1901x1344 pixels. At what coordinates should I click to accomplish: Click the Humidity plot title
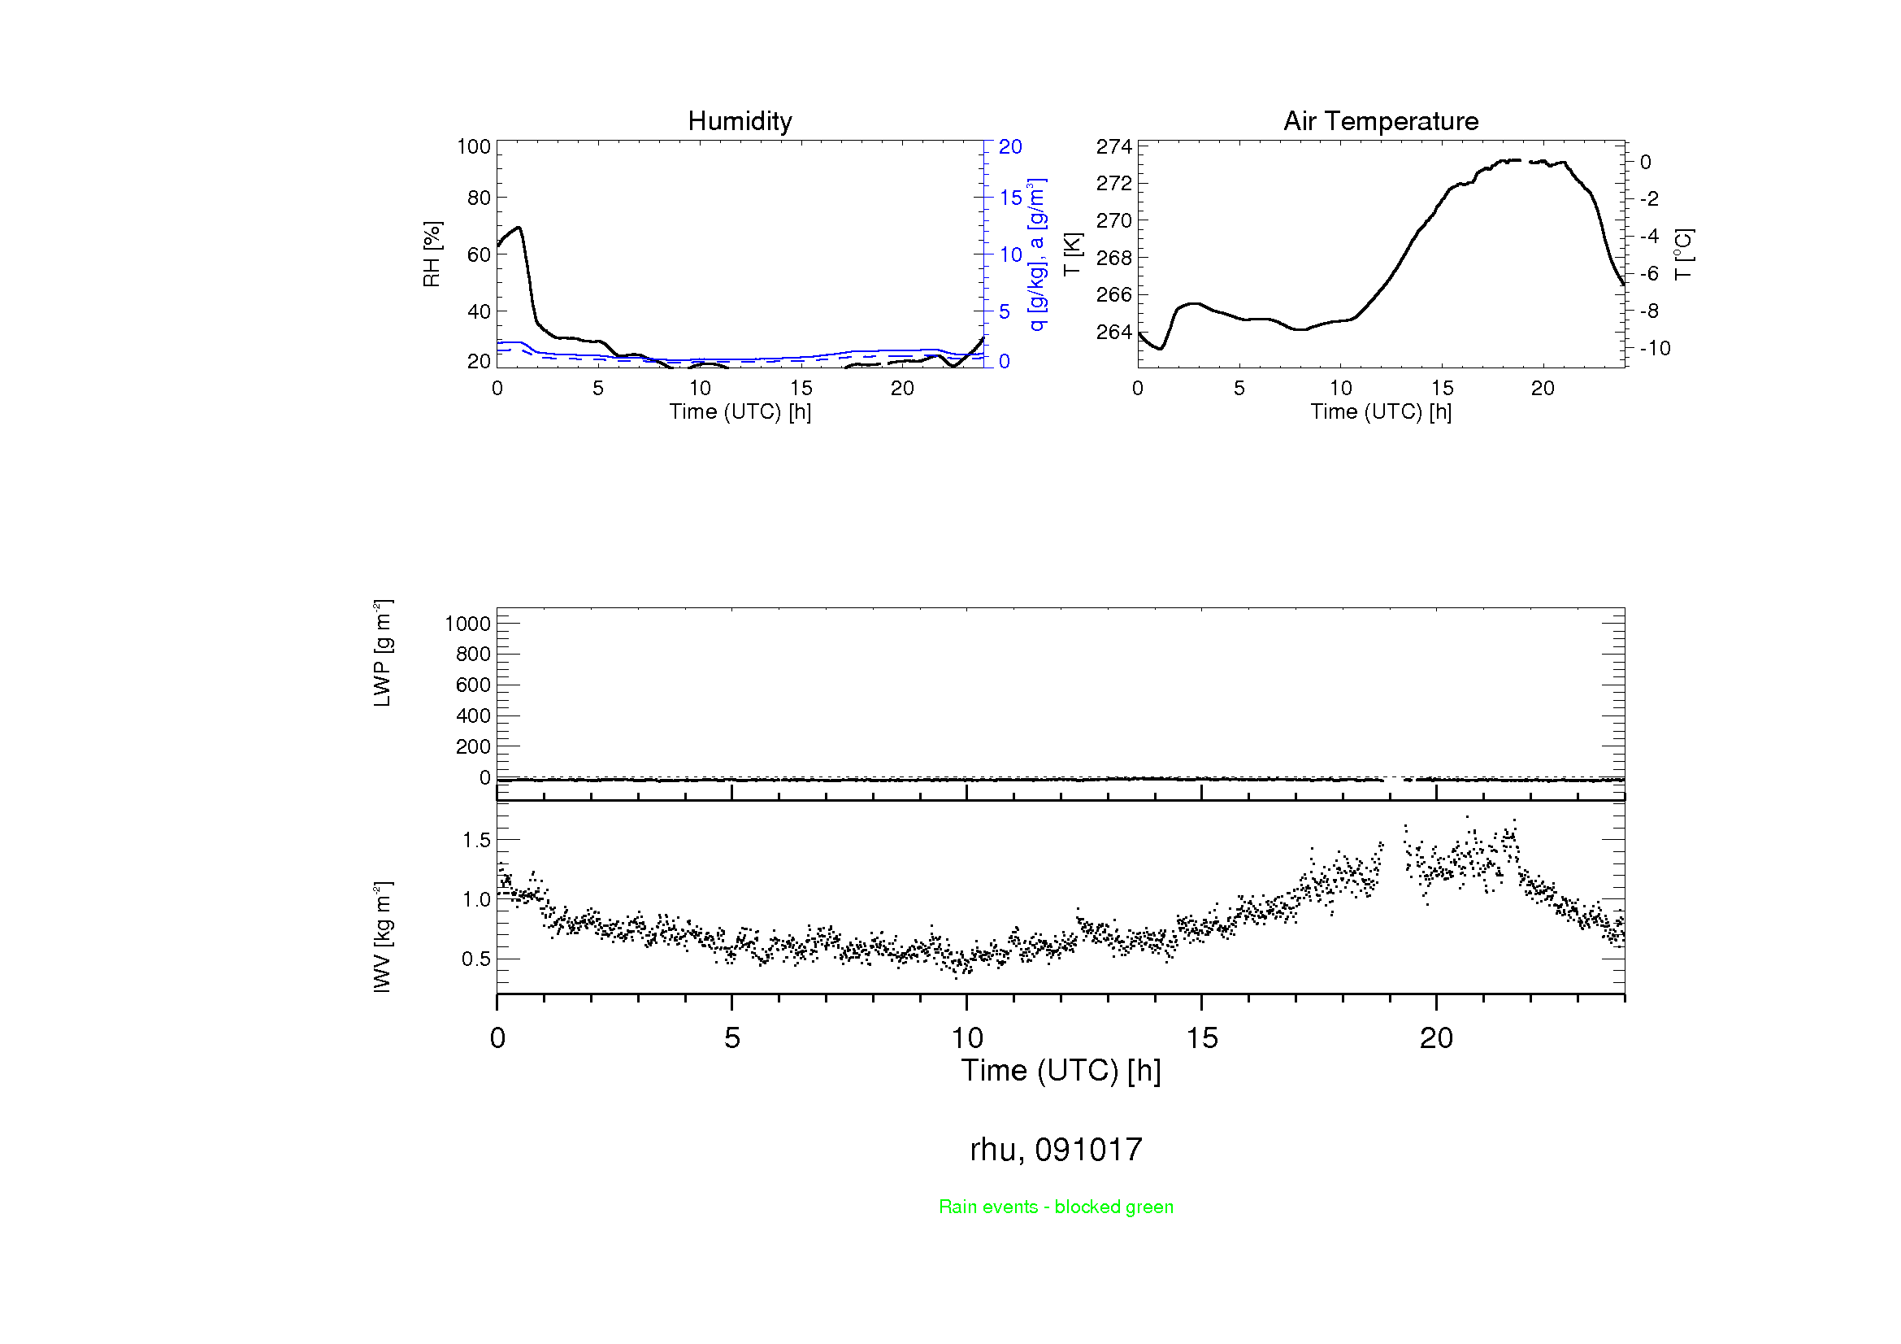[x=740, y=121]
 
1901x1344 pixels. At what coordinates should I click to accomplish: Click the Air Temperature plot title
[x=1380, y=121]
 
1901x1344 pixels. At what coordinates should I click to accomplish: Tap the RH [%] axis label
[x=432, y=254]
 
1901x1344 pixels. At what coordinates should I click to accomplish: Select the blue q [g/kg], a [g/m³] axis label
[x=1036, y=254]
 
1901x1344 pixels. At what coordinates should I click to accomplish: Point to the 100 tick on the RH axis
[x=474, y=146]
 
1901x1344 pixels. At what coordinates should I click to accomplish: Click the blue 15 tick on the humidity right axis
[x=1010, y=198]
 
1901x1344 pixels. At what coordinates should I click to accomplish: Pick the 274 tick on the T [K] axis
[x=1113, y=146]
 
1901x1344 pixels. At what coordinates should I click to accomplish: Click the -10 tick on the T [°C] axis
[x=1655, y=349]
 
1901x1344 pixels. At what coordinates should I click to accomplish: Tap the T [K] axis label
[x=1072, y=254]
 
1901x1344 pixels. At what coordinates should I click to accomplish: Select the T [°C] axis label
[x=1683, y=254]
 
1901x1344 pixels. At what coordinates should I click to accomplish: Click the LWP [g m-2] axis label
[x=382, y=654]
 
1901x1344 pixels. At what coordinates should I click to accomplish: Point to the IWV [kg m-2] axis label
[x=382, y=937]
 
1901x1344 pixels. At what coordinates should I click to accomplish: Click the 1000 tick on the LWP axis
[x=468, y=624]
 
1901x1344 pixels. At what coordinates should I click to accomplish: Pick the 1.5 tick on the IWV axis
[x=476, y=840]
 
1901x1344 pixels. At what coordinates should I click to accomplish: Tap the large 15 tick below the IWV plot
[x=1201, y=1038]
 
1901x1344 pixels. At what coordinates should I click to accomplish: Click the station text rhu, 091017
[x=1056, y=1150]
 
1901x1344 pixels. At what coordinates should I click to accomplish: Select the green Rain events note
[x=1056, y=1207]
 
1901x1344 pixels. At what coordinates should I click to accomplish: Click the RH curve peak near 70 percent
[x=519, y=228]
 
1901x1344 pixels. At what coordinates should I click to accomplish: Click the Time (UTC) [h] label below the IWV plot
[x=1061, y=1071]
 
